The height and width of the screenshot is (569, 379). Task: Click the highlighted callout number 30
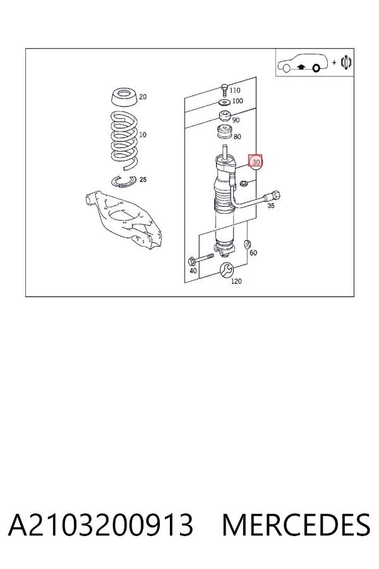point(256,162)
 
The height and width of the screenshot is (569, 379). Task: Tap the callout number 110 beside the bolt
point(234,90)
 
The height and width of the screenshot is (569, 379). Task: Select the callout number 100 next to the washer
point(238,101)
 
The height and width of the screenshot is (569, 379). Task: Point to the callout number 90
point(236,119)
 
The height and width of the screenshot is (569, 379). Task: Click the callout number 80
point(238,137)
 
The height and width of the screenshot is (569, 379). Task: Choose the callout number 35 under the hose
point(271,205)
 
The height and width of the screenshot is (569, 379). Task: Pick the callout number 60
point(253,252)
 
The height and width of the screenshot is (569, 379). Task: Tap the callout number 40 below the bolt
point(193,271)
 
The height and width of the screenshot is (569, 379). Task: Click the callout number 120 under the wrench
point(236,281)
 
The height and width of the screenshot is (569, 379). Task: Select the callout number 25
point(143,180)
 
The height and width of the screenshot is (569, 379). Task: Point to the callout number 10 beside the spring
point(143,135)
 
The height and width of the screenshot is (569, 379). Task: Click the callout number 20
point(143,97)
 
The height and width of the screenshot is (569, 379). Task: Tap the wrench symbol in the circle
point(226,269)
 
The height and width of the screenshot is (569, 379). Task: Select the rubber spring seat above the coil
point(124,97)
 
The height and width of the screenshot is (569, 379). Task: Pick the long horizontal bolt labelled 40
point(201,259)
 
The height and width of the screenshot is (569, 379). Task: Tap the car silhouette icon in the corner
point(303,63)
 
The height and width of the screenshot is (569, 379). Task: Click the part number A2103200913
point(100,525)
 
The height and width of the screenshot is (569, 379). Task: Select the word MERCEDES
point(296,525)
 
